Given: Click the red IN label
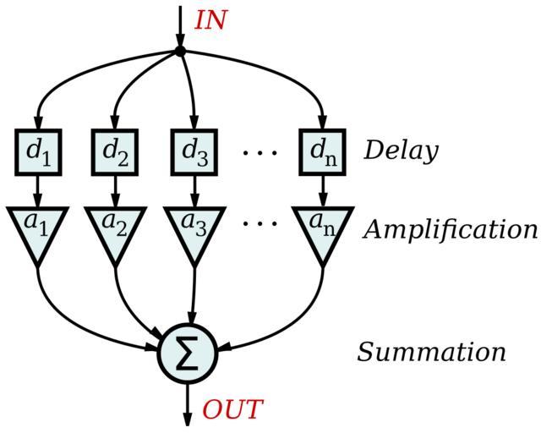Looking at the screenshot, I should pyautogui.click(x=210, y=20).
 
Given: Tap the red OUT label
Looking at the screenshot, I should pyautogui.click(x=232, y=410).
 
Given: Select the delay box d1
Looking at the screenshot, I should pyautogui.click(x=37, y=151).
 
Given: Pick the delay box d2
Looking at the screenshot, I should pyautogui.click(x=114, y=151).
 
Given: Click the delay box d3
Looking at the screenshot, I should pyautogui.click(x=194, y=151).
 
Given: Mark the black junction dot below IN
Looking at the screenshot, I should pyautogui.click(x=180, y=52).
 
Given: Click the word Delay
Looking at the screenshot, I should pyautogui.click(x=401, y=151).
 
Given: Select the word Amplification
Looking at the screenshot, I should pyautogui.click(x=450, y=229).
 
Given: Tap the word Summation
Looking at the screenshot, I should pyautogui.click(x=431, y=352).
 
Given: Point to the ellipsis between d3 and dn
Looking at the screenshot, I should pyautogui.click(x=260, y=153).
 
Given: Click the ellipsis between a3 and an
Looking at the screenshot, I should pyautogui.click(x=260, y=225).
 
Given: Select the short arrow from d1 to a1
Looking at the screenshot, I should pyautogui.click(x=37, y=190).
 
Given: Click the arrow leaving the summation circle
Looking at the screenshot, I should pyautogui.click(x=188, y=403).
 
